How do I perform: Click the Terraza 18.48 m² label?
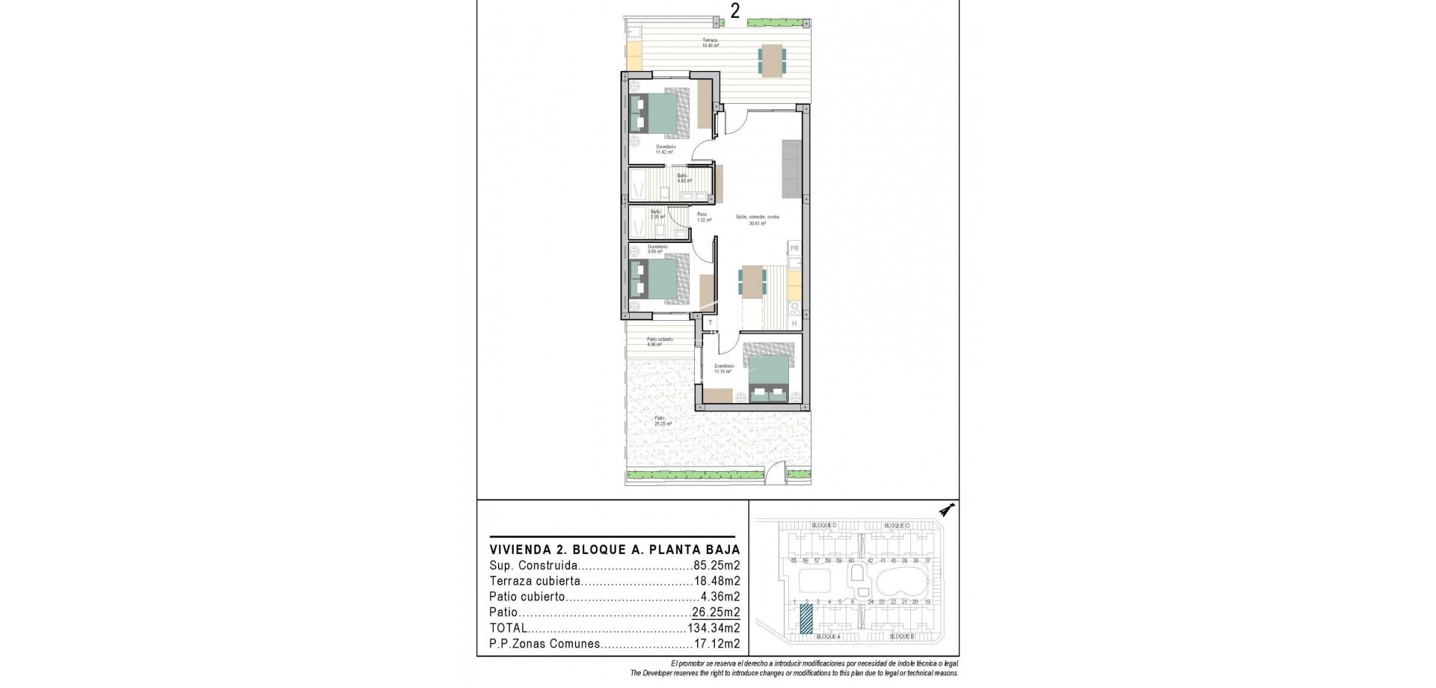pyautogui.click(x=710, y=43)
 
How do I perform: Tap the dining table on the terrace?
pyautogui.click(x=771, y=60)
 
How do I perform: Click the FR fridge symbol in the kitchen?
pyautogui.click(x=794, y=248)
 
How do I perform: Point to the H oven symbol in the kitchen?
pyautogui.click(x=794, y=323)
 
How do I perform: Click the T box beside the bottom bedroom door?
pyautogui.click(x=710, y=323)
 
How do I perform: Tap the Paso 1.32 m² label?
pyautogui.click(x=702, y=217)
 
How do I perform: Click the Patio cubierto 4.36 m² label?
pyautogui.click(x=660, y=342)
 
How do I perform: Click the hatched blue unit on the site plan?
pyautogui.click(x=806, y=620)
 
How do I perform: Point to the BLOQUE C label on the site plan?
pyautogui.click(x=896, y=526)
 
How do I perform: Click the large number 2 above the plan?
pyautogui.click(x=735, y=11)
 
